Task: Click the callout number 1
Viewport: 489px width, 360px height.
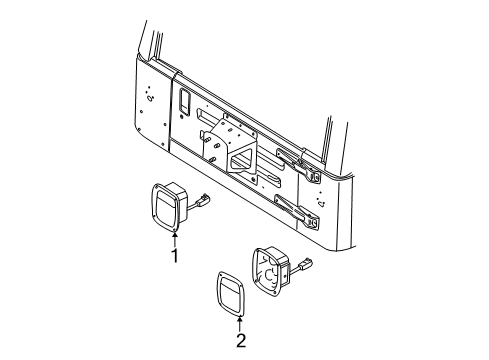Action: (174, 256)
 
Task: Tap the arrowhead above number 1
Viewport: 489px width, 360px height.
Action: (174, 236)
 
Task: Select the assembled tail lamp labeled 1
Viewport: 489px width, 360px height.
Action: (171, 206)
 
